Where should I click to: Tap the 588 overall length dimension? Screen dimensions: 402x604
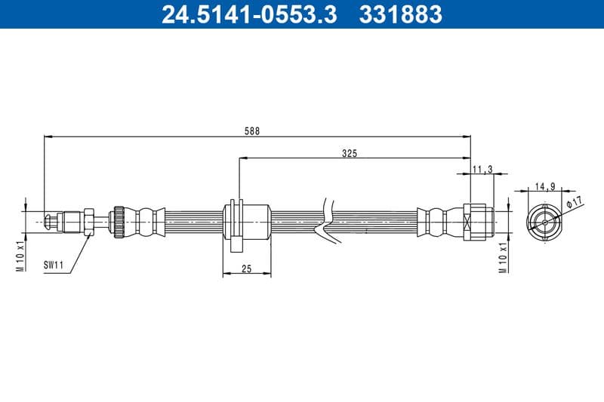click(x=252, y=130)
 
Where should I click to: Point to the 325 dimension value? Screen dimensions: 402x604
click(x=349, y=153)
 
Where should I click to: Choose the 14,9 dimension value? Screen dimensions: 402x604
click(x=545, y=186)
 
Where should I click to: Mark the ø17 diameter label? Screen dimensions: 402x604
click(x=575, y=202)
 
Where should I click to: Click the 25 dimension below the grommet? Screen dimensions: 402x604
click(x=247, y=269)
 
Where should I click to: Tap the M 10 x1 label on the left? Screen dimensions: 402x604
click(x=22, y=256)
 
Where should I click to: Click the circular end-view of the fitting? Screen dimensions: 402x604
click(x=544, y=221)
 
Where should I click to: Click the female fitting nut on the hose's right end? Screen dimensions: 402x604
click(x=479, y=222)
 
